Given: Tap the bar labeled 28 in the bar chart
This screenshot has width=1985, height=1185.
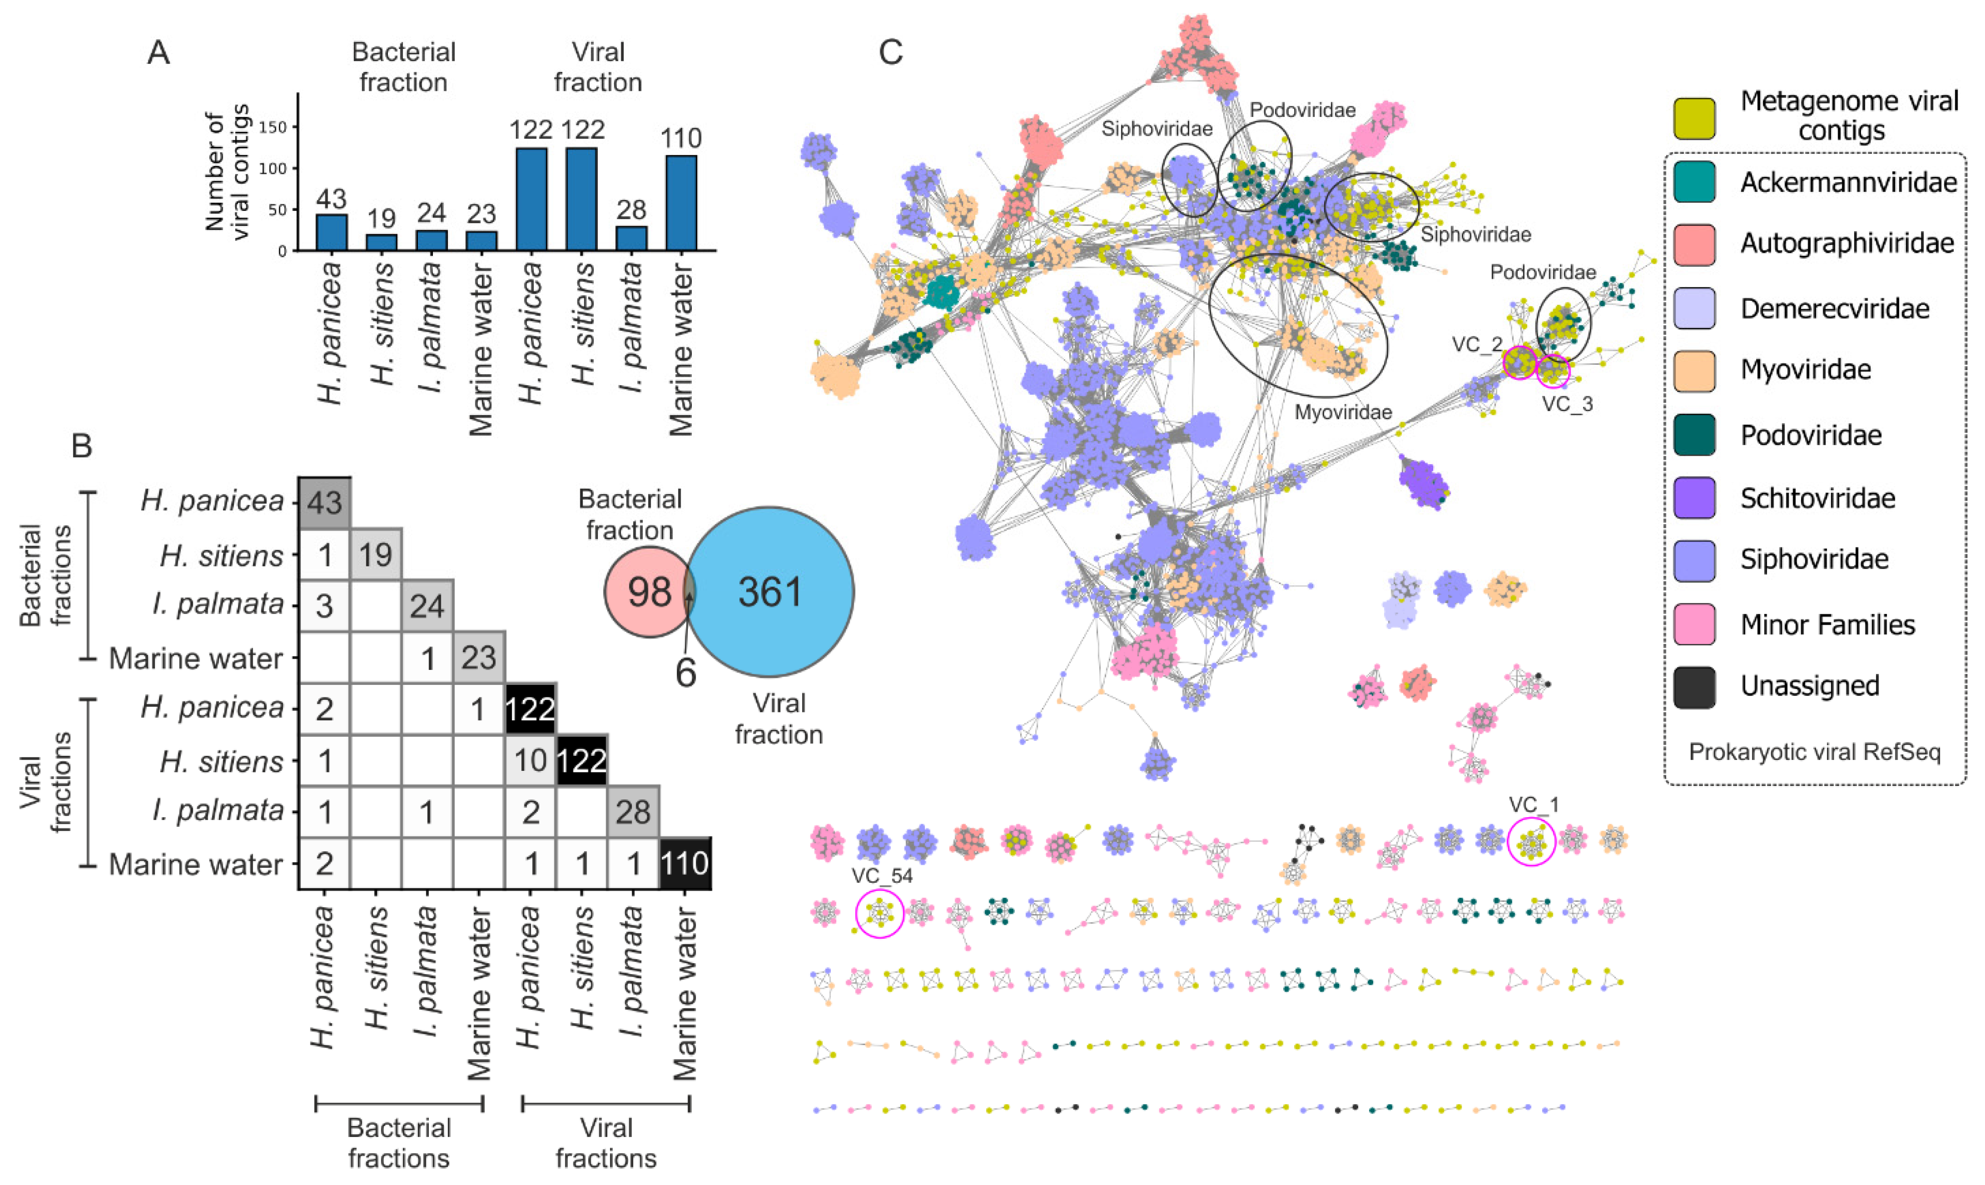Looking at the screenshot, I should click(x=631, y=238).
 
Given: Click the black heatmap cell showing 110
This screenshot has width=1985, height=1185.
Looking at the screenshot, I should click(x=684, y=863).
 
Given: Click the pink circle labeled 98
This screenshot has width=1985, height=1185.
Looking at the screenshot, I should click(x=649, y=592).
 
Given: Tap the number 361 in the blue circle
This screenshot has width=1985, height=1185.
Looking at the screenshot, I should click(x=770, y=592).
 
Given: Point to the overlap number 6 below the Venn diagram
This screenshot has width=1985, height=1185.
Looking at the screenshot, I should click(x=685, y=673).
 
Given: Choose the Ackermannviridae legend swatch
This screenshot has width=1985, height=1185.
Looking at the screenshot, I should click(x=1694, y=182).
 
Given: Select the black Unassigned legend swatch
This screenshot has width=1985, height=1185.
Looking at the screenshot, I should click(x=1694, y=687).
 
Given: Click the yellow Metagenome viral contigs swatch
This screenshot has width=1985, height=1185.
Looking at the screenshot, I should click(x=1694, y=118).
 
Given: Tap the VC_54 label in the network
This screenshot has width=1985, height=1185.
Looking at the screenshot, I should click(x=881, y=875).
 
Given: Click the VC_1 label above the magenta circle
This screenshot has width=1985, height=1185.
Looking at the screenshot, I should click(x=1533, y=804).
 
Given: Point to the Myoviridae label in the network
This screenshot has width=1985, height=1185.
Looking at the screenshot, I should click(x=1343, y=412).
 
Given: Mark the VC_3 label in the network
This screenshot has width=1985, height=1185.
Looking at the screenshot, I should click(x=1567, y=404).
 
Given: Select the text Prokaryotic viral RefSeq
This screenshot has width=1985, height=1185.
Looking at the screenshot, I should click(x=1814, y=752).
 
